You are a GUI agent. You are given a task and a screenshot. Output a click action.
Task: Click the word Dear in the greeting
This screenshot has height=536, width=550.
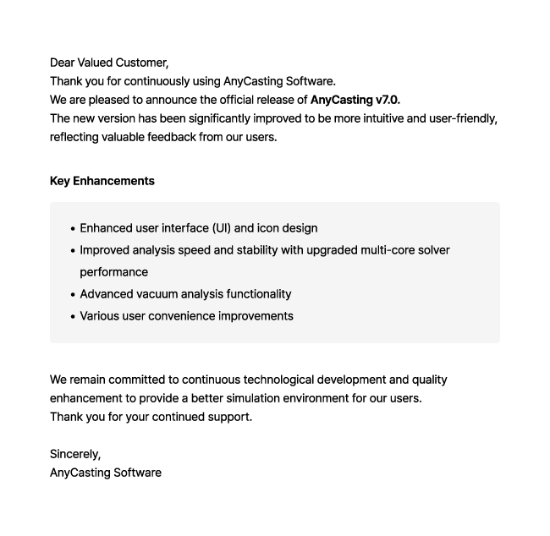[62, 63]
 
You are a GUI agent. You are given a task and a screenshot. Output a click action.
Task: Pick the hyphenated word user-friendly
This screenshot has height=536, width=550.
[463, 118]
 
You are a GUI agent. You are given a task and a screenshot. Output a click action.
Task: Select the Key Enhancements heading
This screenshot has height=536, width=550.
[102, 181]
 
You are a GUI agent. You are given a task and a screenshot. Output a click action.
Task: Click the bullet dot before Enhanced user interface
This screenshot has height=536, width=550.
[73, 228]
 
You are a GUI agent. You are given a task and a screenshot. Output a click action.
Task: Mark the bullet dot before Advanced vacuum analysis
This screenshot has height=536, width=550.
[73, 294]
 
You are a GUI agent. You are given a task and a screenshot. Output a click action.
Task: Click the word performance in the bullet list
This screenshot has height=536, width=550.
[114, 272]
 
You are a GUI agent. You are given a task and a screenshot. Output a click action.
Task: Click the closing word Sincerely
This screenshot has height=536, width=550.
[74, 454]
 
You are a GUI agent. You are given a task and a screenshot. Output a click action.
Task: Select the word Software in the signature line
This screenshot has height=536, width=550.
[134, 473]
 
